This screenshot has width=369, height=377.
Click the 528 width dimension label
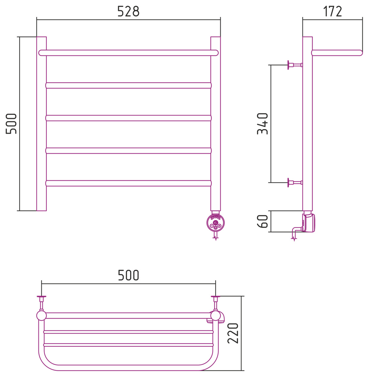[x=128, y=11]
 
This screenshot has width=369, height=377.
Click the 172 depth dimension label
[x=332, y=11]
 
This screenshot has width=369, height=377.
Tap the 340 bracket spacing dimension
[x=262, y=123]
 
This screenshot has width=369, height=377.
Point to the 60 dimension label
[x=262, y=221]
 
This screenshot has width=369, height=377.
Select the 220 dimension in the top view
[x=233, y=333]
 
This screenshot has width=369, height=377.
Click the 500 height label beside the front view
[x=11, y=123]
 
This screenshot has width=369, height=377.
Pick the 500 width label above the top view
[x=129, y=275]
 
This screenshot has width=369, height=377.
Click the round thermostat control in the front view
[x=216, y=223]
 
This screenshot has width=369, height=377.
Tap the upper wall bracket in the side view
[x=295, y=65]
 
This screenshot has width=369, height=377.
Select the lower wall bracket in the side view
[x=295, y=183]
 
